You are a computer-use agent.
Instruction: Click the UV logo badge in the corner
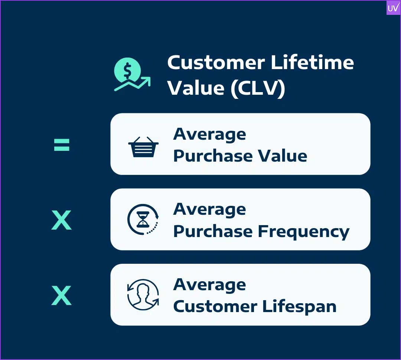(x=393, y=8)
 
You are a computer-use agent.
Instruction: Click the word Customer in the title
(x=216, y=62)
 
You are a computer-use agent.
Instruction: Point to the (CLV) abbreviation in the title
(x=258, y=88)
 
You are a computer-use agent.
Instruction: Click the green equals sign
(x=62, y=145)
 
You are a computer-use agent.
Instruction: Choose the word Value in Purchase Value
(x=282, y=156)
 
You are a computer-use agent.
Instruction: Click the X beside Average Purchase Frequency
(x=61, y=220)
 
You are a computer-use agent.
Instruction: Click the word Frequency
(x=304, y=232)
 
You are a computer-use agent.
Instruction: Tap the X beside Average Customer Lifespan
(x=61, y=295)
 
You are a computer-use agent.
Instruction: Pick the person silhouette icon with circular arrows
(x=143, y=295)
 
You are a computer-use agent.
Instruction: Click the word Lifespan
(x=299, y=307)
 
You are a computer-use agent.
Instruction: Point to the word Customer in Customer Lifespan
(x=215, y=307)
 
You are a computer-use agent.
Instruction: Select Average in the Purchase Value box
(x=210, y=134)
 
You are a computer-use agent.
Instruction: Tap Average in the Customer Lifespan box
(x=210, y=285)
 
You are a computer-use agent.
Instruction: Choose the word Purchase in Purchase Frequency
(x=213, y=231)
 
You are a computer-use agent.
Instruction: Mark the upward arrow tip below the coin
(x=150, y=77)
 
